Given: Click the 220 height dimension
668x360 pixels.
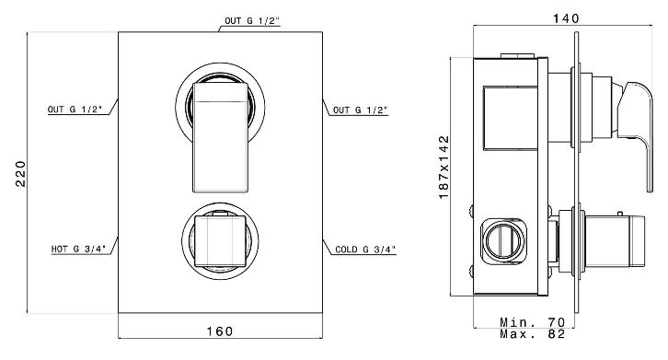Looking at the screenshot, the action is coord(21,174).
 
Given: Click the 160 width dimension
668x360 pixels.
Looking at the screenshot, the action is coord(220,331).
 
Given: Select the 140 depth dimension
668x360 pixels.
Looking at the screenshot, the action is coord(566,18).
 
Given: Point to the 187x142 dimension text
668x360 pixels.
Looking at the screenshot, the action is coord(443,168).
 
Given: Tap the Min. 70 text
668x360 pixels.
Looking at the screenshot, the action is coord(533,322).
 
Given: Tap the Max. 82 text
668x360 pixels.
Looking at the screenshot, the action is coord(533,333).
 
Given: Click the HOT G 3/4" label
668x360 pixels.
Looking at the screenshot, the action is coord(78,249).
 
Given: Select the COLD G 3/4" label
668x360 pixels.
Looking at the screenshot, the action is coord(365,250).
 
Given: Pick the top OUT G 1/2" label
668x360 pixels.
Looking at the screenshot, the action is coord(252,21).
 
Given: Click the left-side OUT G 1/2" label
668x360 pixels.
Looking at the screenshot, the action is coord(75,110).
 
